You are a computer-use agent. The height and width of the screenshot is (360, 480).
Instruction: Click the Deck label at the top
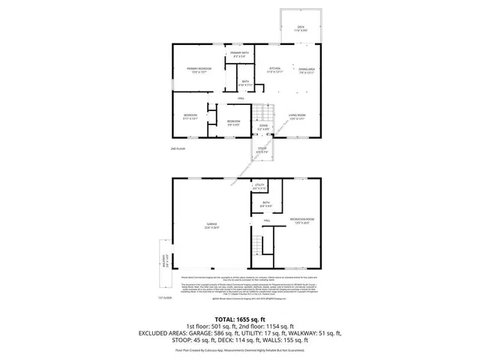[300, 28]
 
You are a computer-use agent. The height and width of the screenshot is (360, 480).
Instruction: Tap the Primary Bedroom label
[199, 70]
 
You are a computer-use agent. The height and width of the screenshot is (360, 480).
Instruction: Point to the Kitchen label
[275, 70]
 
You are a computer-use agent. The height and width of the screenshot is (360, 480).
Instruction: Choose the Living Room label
[298, 116]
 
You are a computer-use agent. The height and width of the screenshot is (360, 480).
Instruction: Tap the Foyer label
[263, 127]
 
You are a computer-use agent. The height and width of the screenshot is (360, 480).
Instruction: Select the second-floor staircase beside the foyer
[258, 113]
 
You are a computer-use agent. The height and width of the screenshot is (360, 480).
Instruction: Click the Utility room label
[260, 185]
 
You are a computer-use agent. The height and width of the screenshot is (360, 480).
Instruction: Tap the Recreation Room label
[301, 220]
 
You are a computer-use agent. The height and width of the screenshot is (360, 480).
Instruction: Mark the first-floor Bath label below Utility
[265, 203]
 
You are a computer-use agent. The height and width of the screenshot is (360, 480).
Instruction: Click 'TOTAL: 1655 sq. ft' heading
[240, 319]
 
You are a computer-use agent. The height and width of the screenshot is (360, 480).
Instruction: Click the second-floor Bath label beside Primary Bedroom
[245, 83]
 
